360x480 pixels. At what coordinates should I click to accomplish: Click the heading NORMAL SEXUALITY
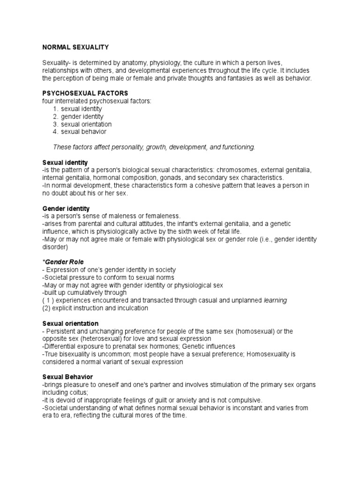(75, 47)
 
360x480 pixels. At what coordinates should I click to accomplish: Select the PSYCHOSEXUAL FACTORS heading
(85, 93)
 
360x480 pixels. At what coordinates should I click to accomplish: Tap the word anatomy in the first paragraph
(130, 63)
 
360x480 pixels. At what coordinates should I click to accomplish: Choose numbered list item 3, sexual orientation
(86, 124)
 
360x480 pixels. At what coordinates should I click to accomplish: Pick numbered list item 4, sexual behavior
(83, 132)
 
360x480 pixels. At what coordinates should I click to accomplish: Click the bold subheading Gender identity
(66, 208)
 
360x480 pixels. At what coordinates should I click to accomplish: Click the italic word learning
(275, 300)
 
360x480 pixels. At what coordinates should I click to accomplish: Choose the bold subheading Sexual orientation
(70, 323)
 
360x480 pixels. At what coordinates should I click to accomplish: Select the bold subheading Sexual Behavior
(67, 377)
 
